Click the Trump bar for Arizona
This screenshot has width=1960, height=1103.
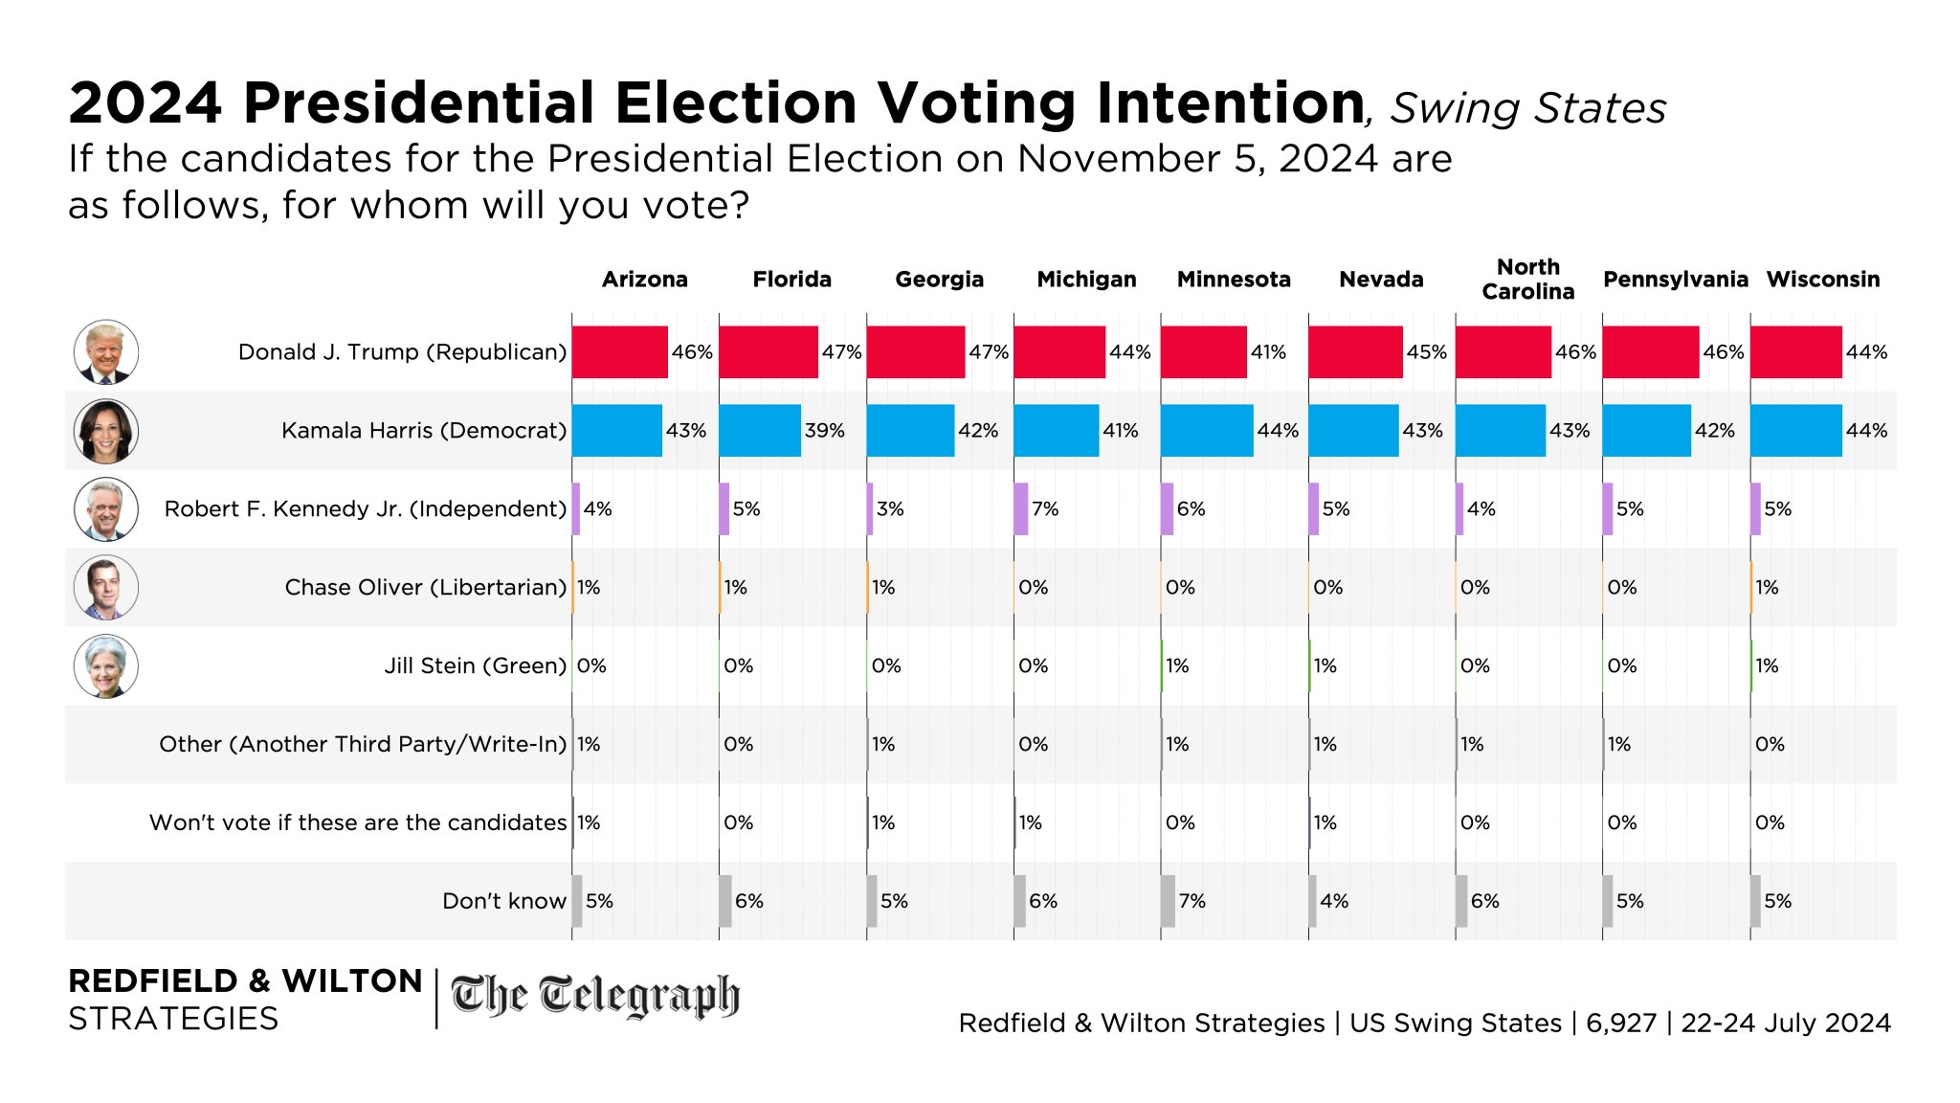[x=619, y=352]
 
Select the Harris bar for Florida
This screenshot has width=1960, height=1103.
[x=760, y=431]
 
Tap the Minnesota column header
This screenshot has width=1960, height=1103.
[x=1234, y=280]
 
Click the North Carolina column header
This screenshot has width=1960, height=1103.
[x=1527, y=280]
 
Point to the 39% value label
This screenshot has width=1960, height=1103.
[x=824, y=431]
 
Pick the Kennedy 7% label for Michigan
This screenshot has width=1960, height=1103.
[x=1045, y=509]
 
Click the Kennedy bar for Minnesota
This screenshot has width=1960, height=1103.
[x=1167, y=509]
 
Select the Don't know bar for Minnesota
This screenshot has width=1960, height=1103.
[x=1168, y=901]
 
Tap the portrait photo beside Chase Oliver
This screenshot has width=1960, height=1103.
[x=106, y=588]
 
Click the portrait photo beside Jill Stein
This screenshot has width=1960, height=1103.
[x=106, y=666]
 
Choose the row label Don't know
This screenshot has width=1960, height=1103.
[x=504, y=901]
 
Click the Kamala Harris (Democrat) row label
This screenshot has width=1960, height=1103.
[x=424, y=431]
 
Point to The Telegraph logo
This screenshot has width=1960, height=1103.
[x=595, y=996]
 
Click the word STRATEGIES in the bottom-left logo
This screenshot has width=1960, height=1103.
[x=173, y=1019]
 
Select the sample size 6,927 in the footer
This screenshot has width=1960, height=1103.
[x=1620, y=1023]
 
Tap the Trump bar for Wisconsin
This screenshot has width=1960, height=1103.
[x=1796, y=352]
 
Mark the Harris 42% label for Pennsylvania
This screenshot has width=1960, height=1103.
[x=1714, y=431]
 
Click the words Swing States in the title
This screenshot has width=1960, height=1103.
[x=1527, y=108]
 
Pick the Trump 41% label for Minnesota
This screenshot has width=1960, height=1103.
[x=1268, y=352]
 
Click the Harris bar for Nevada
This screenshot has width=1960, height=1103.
[x=1353, y=431]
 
